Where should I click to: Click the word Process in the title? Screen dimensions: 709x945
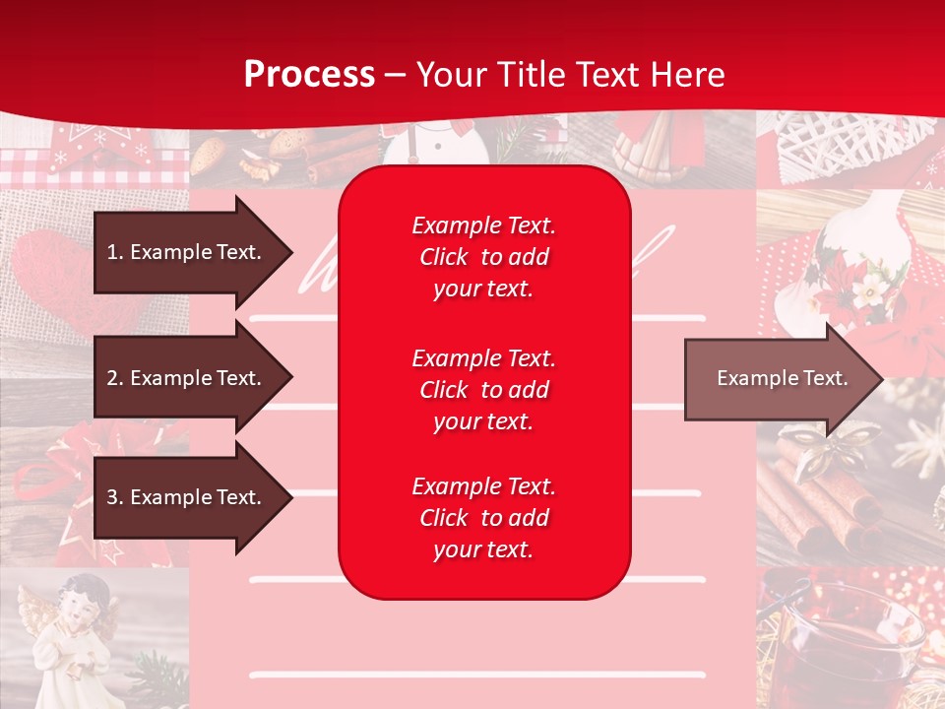coord(309,75)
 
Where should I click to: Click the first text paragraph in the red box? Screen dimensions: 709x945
coord(483,257)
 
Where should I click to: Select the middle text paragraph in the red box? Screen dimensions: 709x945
coord(483,390)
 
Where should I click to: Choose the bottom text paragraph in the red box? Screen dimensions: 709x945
coord(483,518)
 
